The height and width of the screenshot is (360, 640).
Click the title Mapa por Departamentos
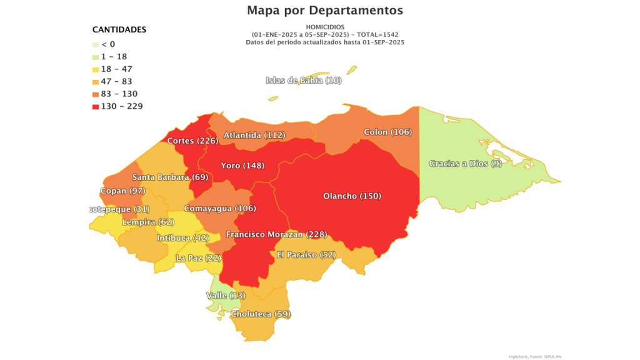coord(324,11)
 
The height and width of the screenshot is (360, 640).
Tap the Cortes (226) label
coord(192,141)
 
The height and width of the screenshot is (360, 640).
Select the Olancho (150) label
coord(352,196)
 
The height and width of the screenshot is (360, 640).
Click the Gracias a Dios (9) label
coord(465,164)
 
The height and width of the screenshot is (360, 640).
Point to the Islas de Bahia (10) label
coord(304,80)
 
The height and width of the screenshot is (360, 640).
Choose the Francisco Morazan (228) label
coord(276,234)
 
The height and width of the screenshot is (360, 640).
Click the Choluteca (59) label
coord(261,314)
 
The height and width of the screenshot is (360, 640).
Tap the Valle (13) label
coord(226,295)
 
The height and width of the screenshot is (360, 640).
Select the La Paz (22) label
coord(199,257)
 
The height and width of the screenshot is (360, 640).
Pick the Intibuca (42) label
coord(182,237)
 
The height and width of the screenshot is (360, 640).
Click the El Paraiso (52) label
coord(306,254)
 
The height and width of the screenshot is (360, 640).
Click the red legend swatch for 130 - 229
coord(95,106)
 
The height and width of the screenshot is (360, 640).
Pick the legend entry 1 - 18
coord(114,56)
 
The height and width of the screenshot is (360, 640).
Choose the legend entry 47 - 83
coord(116,81)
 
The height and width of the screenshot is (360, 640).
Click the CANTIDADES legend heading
coord(119,29)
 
